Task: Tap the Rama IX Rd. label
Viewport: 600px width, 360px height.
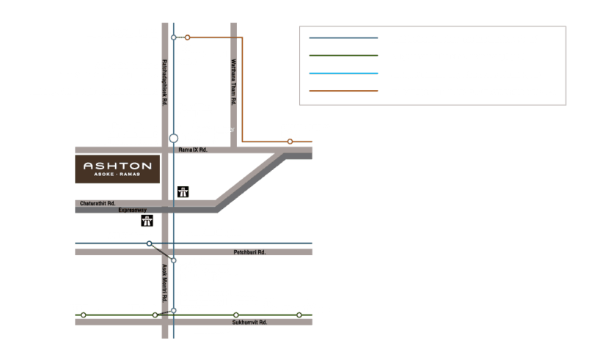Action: pos(194,150)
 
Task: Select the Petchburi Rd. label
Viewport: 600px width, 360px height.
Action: pos(250,251)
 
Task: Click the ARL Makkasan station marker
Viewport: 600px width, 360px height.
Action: pos(149,243)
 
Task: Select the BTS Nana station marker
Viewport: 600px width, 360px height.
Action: pos(84,315)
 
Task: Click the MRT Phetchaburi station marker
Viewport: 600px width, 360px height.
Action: pos(173,260)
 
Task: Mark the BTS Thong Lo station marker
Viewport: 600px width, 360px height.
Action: pos(299,315)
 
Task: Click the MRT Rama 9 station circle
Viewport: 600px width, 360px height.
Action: pos(173,138)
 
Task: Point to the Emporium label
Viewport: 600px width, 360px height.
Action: pos(209,330)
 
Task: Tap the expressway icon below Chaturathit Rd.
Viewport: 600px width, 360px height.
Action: pos(148,220)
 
